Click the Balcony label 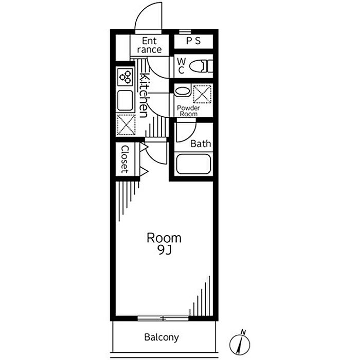tap(161, 337)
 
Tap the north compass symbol tap(240, 343)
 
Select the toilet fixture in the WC tap(201, 66)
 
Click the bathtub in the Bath tap(193, 164)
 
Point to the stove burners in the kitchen tap(125, 77)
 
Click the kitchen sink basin tap(125, 101)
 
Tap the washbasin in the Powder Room tap(183, 91)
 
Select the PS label tap(193, 41)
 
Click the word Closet tap(125, 159)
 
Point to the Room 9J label tap(164, 244)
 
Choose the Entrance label tap(150, 45)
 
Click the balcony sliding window tap(163, 318)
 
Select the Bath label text tap(201, 143)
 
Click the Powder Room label tap(188, 111)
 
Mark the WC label tap(181, 66)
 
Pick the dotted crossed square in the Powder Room tap(202, 94)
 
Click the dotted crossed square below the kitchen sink tap(126, 124)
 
